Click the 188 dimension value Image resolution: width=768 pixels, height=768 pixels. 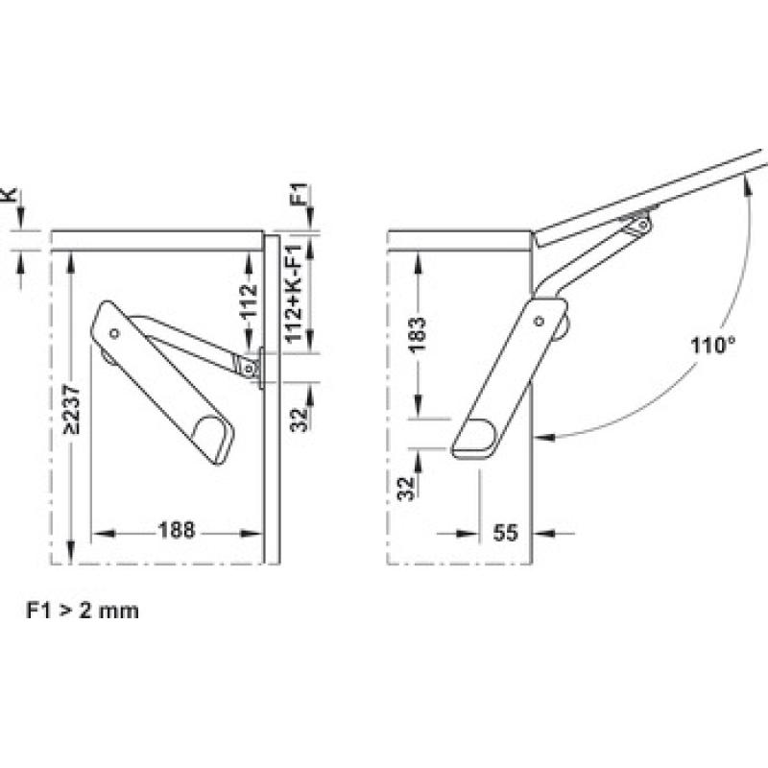point(177,531)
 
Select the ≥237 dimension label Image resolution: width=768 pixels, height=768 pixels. point(72,410)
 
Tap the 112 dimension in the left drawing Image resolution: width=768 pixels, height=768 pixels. point(250,300)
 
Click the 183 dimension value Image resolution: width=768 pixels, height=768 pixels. point(417,334)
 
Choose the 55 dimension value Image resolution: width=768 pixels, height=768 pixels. point(506,533)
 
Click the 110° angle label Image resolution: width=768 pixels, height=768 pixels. point(712,346)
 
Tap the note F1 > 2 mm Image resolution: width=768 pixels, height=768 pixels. point(83,612)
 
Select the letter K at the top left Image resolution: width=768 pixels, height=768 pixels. point(11,195)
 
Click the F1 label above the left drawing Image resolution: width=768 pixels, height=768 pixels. point(299,195)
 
